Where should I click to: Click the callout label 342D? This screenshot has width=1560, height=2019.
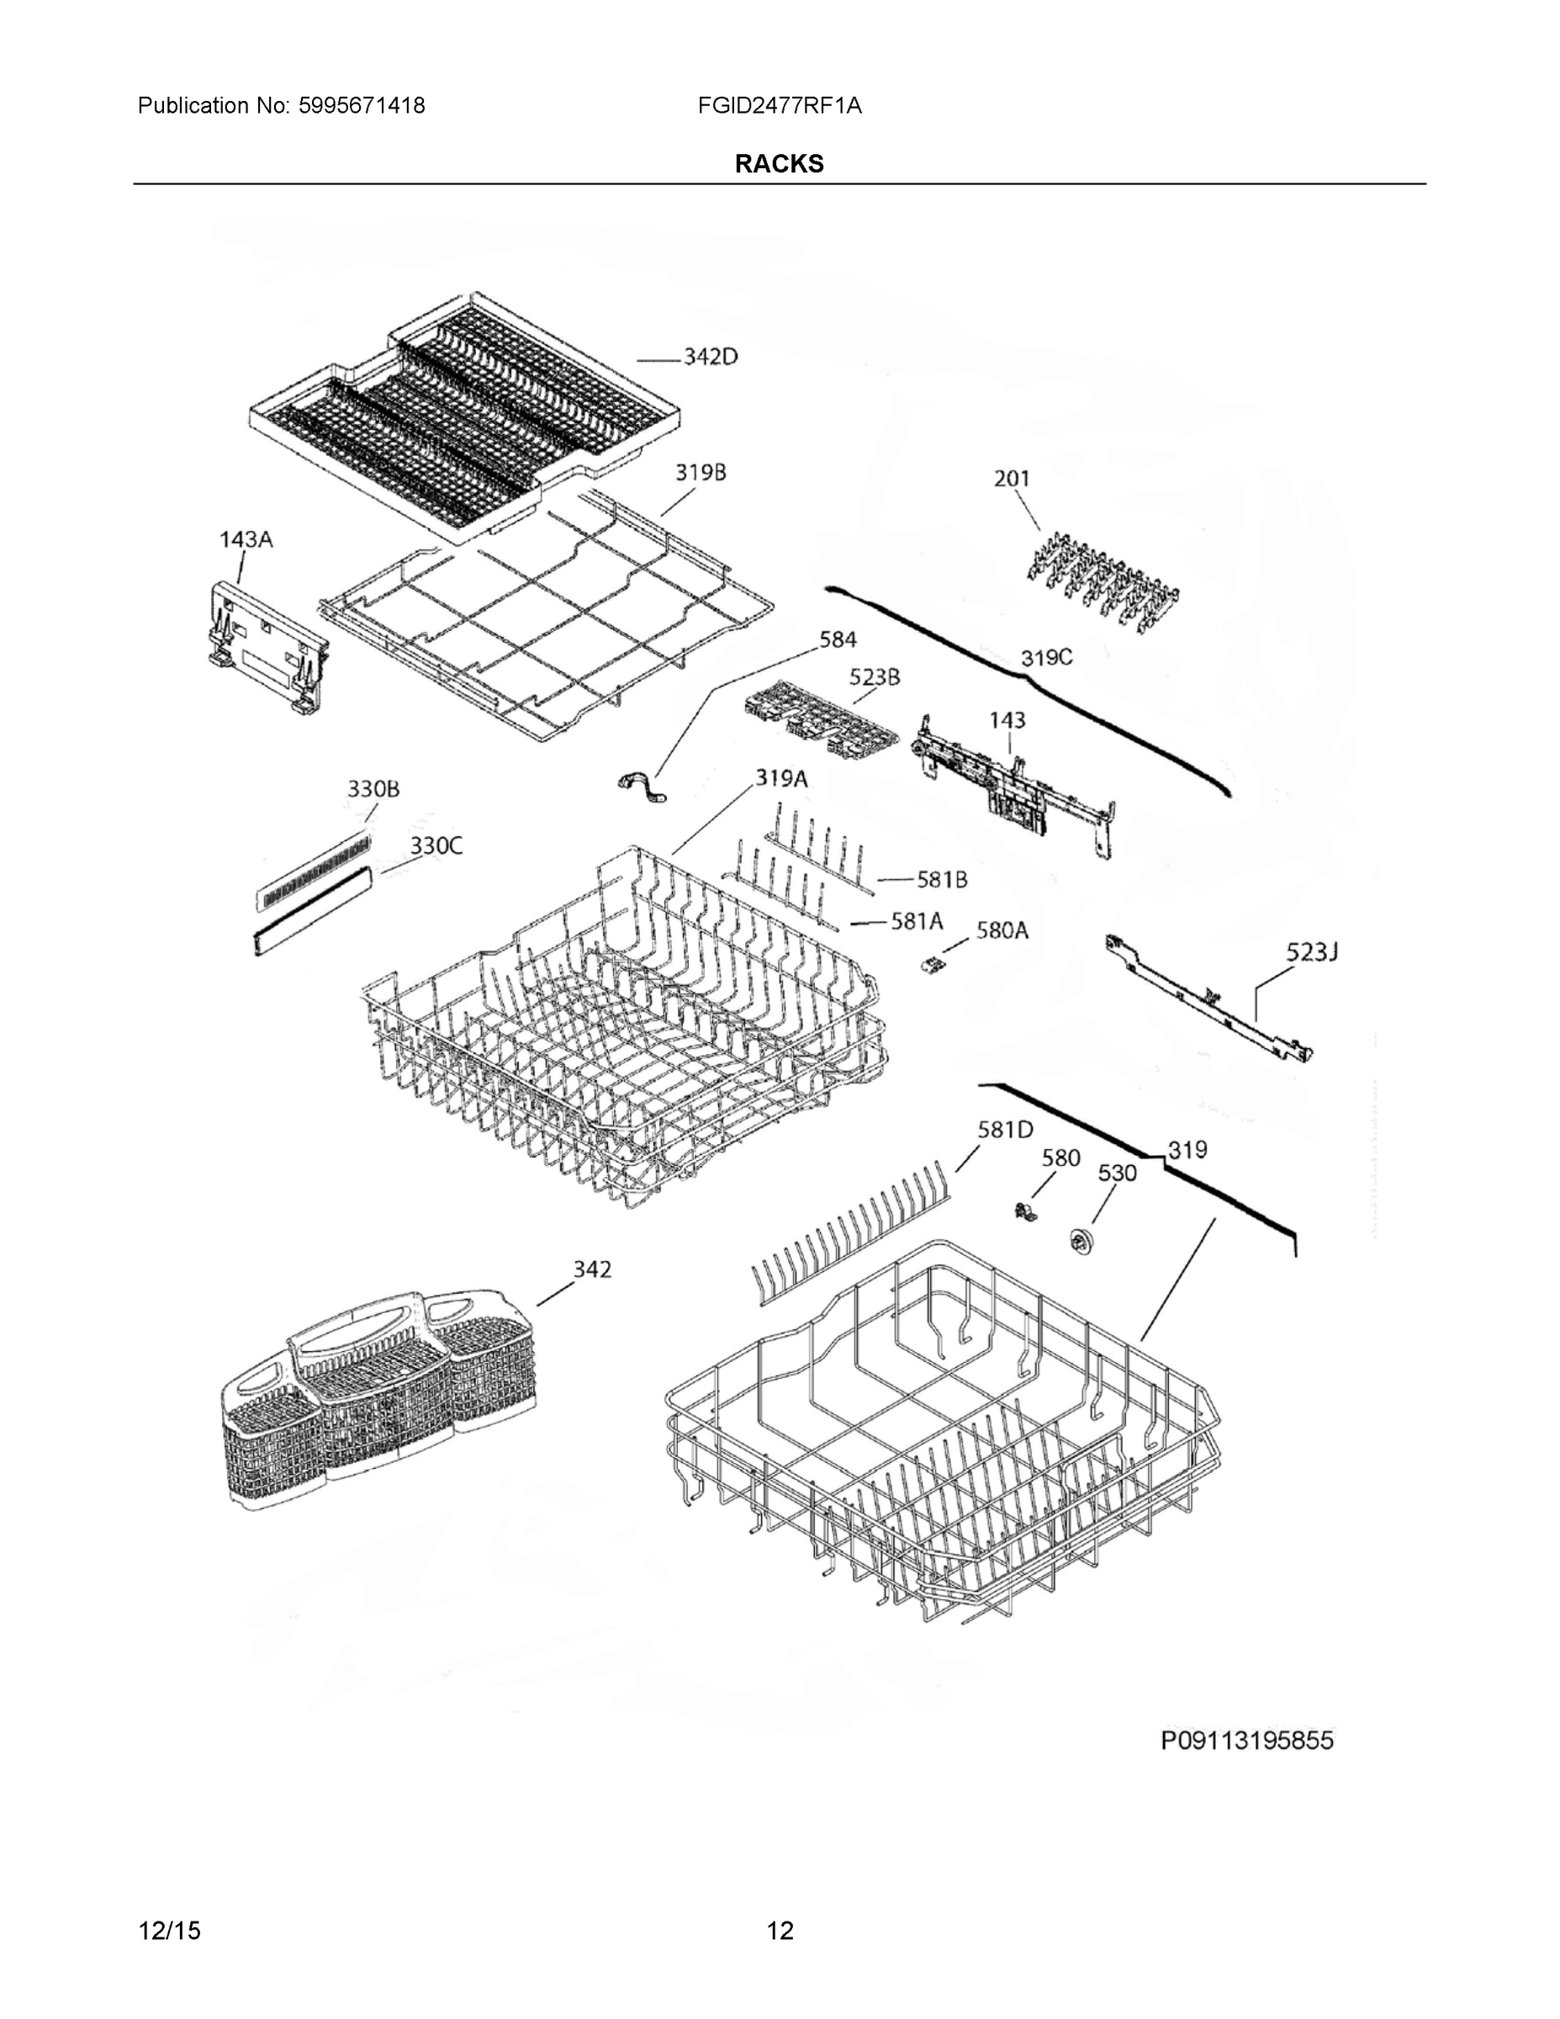(710, 357)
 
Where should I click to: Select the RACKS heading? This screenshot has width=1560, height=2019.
(779, 164)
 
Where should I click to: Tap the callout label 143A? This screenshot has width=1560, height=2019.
(246, 539)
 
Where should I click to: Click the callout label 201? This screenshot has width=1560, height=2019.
(1012, 478)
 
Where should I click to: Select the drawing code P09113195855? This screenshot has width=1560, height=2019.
(1246, 1741)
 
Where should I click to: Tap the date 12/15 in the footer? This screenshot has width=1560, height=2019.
(169, 1932)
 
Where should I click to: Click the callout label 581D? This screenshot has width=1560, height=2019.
(1006, 1129)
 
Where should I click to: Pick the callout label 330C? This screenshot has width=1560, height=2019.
(436, 845)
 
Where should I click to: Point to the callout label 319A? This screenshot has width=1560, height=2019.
(781, 778)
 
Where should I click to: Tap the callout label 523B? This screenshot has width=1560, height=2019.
(875, 676)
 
